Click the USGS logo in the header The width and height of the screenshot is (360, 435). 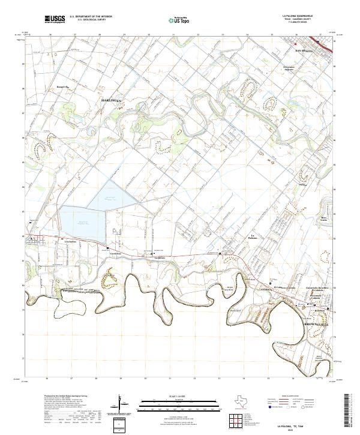55,19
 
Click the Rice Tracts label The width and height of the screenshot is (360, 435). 324,219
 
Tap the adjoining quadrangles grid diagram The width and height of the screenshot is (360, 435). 235,419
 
